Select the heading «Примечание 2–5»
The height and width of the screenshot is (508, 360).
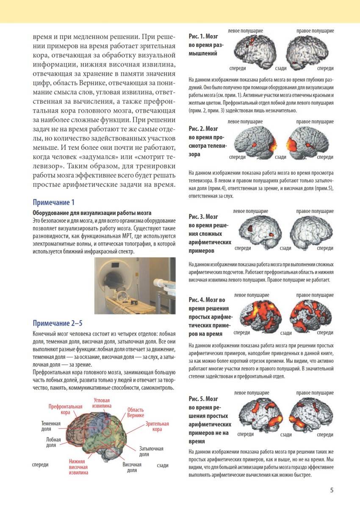point(57,323)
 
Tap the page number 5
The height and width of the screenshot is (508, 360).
point(332,490)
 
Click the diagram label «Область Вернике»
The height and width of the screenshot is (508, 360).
point(136,412)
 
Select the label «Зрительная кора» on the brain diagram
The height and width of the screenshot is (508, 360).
point(157,426)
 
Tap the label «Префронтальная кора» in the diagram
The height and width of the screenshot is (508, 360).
point(65,409)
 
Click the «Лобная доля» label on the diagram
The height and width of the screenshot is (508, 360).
point(53,442)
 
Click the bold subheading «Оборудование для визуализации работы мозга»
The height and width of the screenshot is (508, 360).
point(92,213)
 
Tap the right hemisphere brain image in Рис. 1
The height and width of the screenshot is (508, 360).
point(307,50)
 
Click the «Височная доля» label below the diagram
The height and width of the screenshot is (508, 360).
point(132,467)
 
